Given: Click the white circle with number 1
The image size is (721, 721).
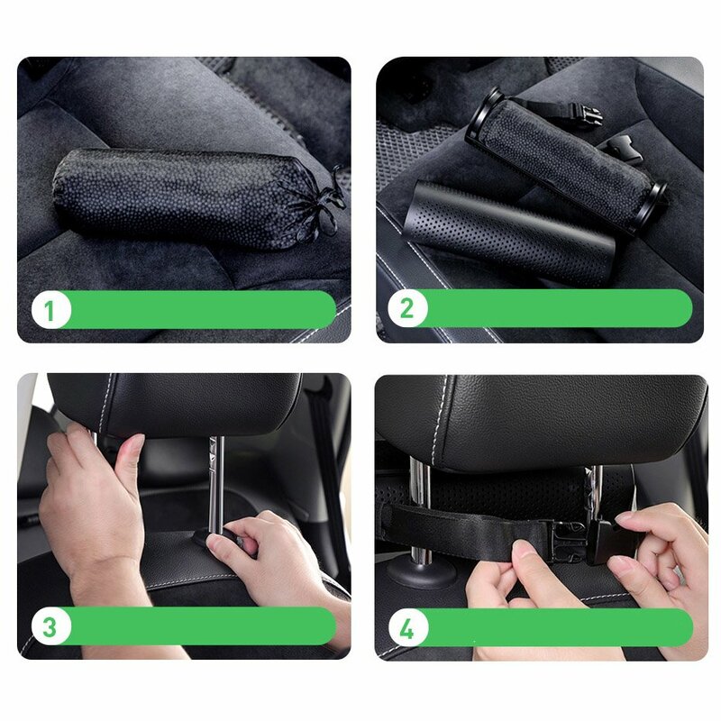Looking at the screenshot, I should point(50,311).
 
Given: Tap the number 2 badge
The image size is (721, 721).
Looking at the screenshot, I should point(406,309).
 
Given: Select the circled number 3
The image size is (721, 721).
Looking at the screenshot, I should point(50,626).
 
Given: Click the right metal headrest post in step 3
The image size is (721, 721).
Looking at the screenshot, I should point(216,478).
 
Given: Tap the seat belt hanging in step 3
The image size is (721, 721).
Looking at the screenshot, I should point(324,469).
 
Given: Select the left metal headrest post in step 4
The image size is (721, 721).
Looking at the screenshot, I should point(420,505).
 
